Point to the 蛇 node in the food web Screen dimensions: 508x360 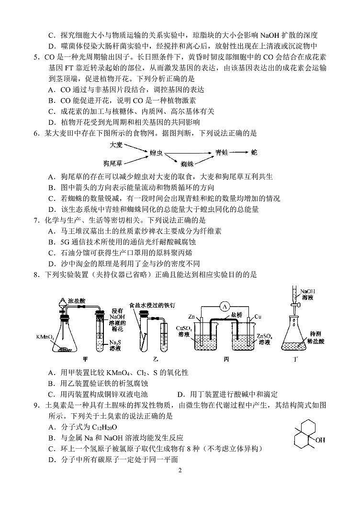[x=254, y=153]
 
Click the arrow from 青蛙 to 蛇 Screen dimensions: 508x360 [x=238, y=153]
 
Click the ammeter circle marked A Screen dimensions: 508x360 [x=223, y=305]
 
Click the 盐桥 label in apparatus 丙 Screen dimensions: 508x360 [x=236, y=315]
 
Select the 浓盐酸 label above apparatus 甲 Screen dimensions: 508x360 [x=76, y=300]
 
